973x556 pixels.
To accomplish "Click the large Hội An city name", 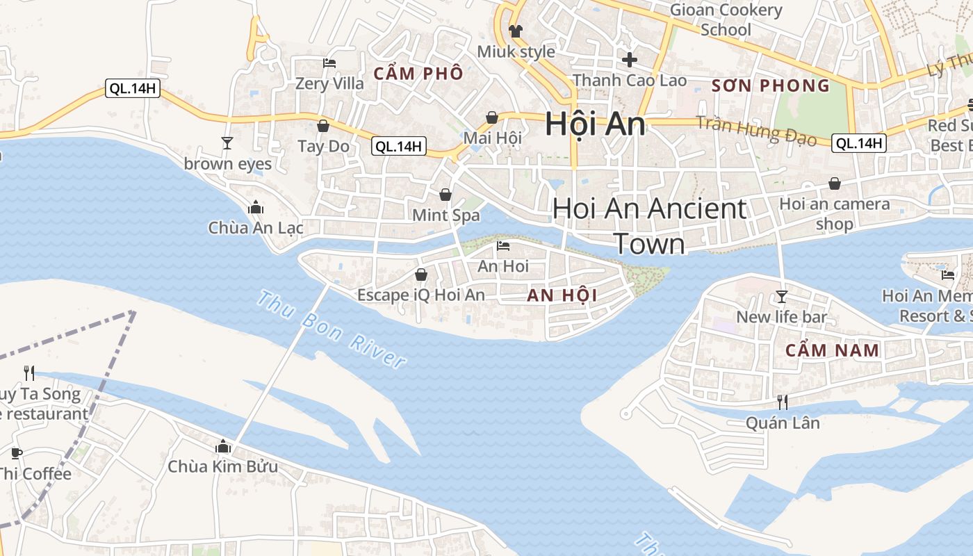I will click(595, 124).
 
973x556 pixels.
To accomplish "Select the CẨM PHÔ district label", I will click(418, 74).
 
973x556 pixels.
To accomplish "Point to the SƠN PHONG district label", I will click(771, 86).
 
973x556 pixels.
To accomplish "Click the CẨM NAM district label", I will click(833, 350).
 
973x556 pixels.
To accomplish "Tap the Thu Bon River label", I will click(331, 329).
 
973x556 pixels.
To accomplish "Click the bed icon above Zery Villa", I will click(329, 63).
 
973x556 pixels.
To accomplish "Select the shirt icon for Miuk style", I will click(515, 31).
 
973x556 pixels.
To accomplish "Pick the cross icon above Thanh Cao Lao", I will click(630, 60).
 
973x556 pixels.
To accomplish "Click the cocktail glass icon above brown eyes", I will click(227, 143).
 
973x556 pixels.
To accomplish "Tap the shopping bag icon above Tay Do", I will click(323, 126).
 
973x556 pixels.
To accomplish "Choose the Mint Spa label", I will click(445, 215).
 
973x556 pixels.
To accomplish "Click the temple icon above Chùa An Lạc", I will click(255, 207).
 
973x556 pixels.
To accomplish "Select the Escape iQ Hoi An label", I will click(420, 295).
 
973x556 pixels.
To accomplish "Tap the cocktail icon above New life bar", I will click(782, 297).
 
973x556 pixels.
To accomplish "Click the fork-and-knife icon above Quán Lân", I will click(783, 402).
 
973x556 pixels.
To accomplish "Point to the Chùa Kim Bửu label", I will click(222, 466).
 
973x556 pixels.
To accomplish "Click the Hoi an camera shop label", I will click(834, 213).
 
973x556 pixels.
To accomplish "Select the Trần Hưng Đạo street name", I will click(755, 131).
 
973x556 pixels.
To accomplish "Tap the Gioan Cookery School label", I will click(726, 19).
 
